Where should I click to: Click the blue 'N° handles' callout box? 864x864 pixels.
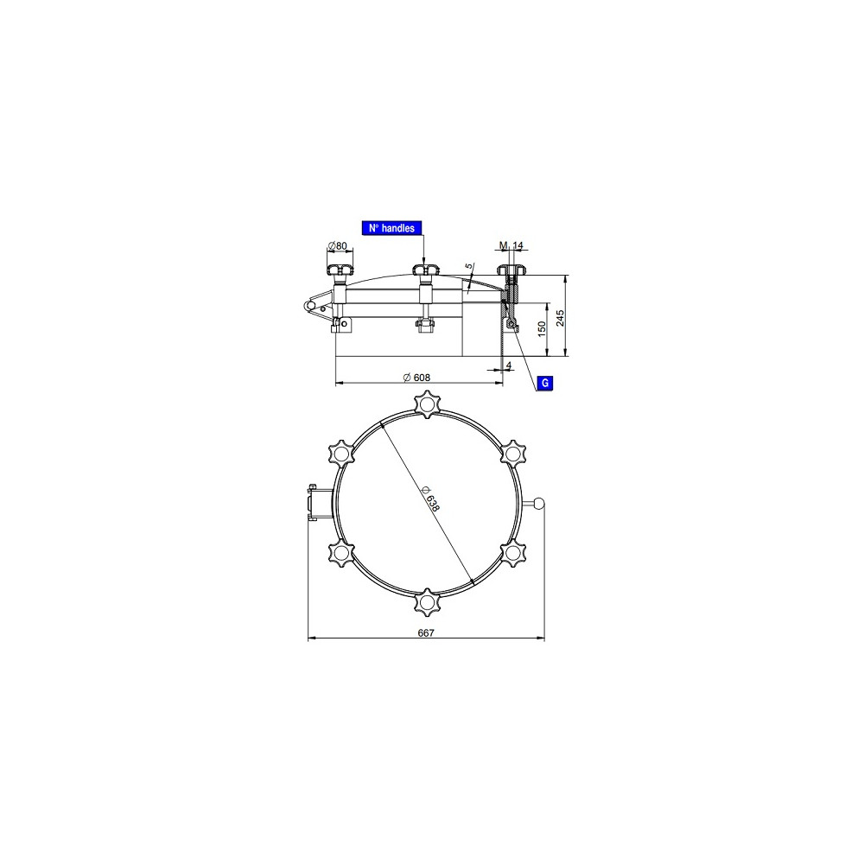coord(391,228)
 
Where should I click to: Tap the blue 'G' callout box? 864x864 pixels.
coord(545,383)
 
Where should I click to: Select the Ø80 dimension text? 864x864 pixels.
coord(337,245)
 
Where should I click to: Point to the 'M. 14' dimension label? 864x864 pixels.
coord(511,245)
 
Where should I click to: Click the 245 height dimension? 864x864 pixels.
coord(561,318)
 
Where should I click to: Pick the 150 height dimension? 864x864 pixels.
coord(542,329)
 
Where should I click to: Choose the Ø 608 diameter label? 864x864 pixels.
coord(416,378)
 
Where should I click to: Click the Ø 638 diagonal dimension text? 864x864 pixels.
coord(429,499)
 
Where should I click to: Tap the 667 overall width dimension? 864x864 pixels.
coord(426,633)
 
